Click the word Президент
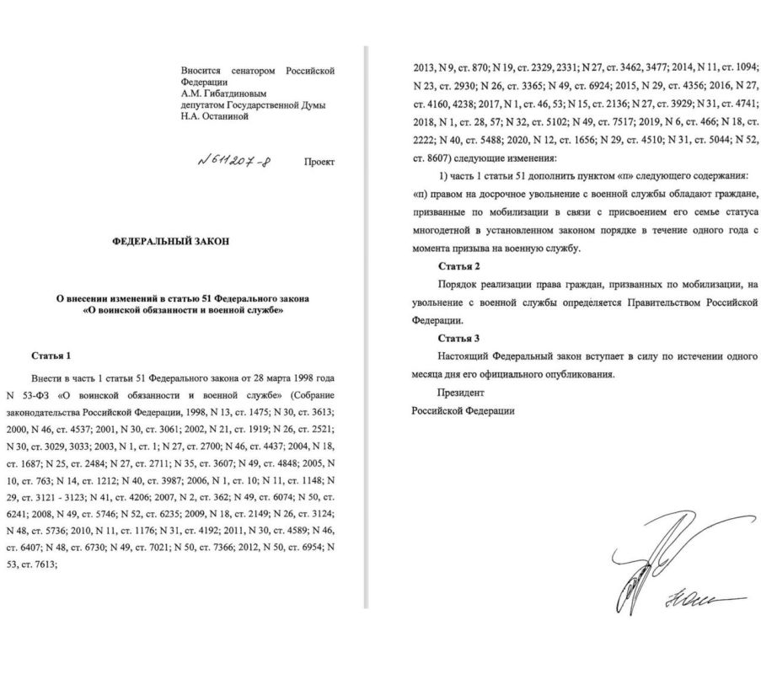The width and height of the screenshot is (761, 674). point(460,392)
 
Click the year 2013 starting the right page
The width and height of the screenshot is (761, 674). point(423,67)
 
